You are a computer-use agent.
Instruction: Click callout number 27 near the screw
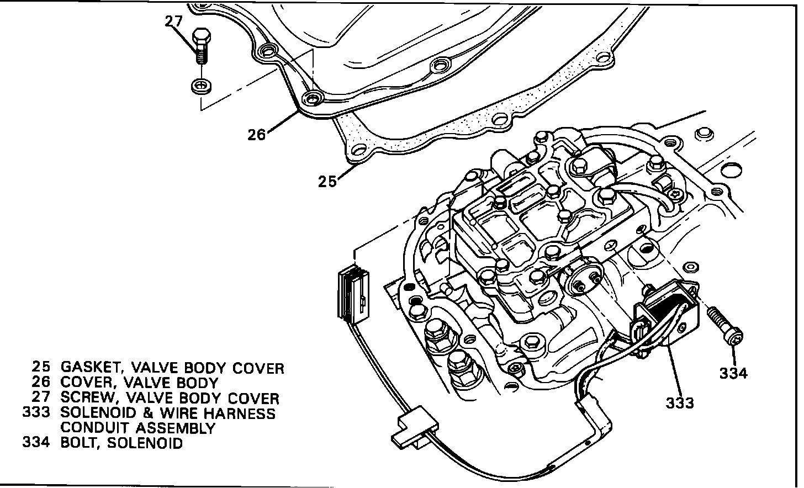(x=173, y=22)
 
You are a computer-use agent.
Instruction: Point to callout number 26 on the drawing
(x=257, y=134)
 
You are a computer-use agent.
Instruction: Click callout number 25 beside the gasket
(x=327, y=181)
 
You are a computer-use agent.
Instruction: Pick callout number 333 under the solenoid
(x=679, y=402)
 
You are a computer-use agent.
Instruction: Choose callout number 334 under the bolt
(x=733, y=373)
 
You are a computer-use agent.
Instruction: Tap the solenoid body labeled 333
(x=665, y=315)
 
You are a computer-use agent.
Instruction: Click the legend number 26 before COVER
(x=41, y=382)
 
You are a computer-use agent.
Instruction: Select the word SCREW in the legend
(x=87, y=397)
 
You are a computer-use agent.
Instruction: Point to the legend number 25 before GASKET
(x=41, y=367)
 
